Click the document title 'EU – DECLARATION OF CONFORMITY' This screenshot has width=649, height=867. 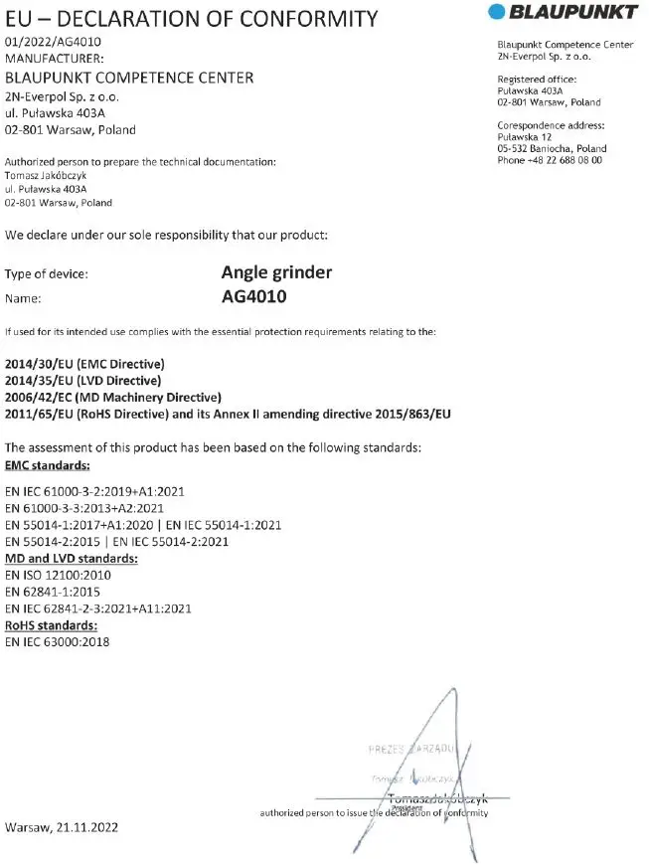pyautogui.click(x=191, y=18)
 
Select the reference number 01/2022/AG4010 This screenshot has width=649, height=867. pyautogui.click(x=53, y=42)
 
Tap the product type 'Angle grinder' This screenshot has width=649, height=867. pyautogui.click(x=276, y=272)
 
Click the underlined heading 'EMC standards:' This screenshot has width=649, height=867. pyautogui.click(x=48, y=464)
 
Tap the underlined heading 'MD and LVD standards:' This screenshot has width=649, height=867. pyautogui.click(x=72, y=558)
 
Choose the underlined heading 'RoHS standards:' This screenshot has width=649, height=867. pyautogui.click(x=52, y=625)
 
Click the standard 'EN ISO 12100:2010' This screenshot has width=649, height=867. pyautogui.click(x=59, y=575)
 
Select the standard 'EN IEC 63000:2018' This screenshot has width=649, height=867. pyautogui.click(x=58, y=642)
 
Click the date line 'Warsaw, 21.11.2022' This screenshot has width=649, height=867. pyautogui.click(x=62, y=827)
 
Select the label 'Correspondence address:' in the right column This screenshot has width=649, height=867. pyautogui.click(x=551, y=125)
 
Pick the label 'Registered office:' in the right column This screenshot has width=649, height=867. pyautogui.click(x=537, y=80)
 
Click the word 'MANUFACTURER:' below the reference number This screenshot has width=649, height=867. pyautogui.click(x=54, y=59)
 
